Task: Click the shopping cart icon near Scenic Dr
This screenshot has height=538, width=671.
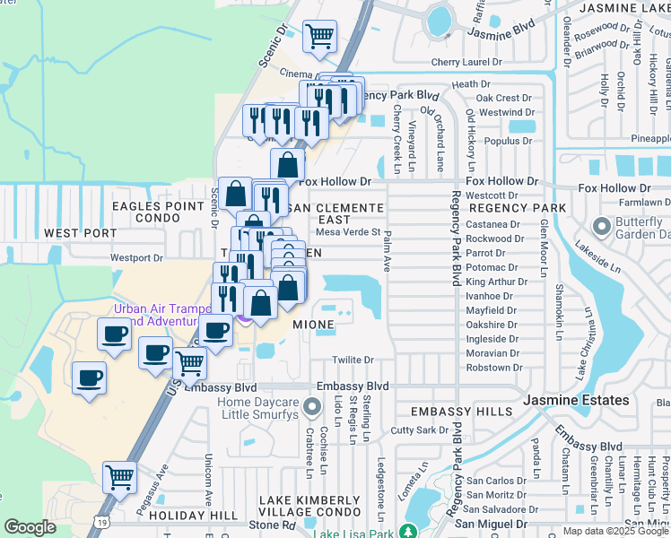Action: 319,36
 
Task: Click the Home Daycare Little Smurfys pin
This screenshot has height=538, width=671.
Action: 311,409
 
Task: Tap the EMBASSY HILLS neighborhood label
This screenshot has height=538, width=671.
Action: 452,411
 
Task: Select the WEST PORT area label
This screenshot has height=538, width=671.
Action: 80,233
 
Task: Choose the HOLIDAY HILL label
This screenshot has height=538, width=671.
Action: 193,516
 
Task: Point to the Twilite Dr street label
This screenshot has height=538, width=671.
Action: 353,360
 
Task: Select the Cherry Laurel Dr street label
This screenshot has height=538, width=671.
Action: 466,62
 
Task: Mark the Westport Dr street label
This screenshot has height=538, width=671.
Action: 135,258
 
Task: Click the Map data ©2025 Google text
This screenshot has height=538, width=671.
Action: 615,531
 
